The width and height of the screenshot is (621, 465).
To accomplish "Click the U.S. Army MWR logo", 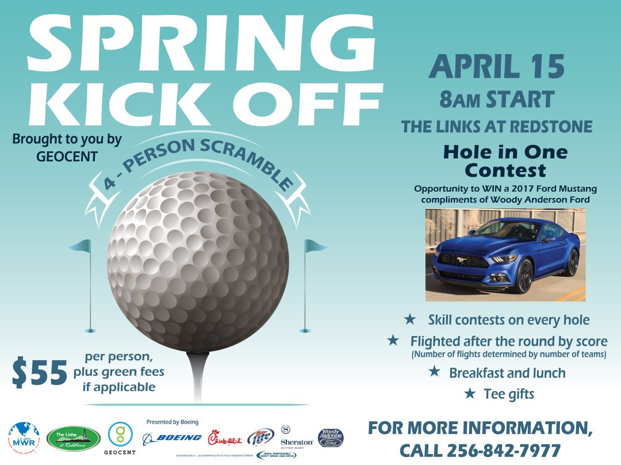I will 24,437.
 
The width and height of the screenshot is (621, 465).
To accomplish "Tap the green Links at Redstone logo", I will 73,438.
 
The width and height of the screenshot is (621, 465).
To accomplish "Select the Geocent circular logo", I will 120,434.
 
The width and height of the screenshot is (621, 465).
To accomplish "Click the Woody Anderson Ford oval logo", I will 331,438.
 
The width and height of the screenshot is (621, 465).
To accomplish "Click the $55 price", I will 40,373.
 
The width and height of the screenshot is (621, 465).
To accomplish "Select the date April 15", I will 496,67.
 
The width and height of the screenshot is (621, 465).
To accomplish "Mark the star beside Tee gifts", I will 470,394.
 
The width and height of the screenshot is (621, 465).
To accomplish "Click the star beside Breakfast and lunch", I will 435,372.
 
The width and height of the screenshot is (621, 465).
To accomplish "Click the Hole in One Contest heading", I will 505,161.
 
